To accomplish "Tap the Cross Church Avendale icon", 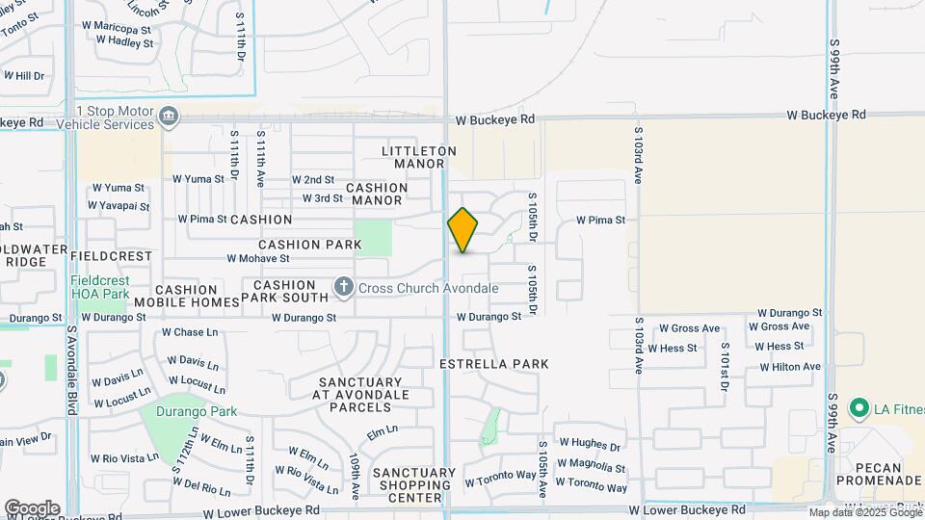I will click(344, 287).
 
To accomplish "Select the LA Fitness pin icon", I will click(858, 408).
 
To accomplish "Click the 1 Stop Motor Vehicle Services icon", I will click(169, 117).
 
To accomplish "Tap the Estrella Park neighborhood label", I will click(493, 364).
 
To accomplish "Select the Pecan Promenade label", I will click(869, 473).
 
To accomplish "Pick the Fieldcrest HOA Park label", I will click(100, 287).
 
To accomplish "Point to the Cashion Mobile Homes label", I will click(187, 296).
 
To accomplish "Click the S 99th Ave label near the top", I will click(833, 71).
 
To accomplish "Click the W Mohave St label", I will click(258, 258).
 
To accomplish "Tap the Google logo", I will click(32, 508).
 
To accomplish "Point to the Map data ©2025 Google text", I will click(864, 512).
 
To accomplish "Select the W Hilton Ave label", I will click(790, 367).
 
